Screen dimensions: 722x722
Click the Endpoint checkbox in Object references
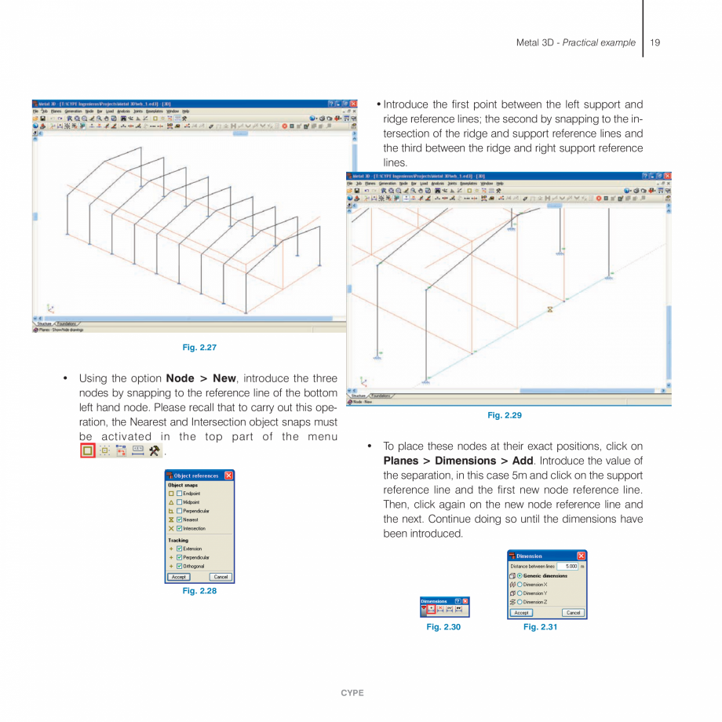coord(180,493)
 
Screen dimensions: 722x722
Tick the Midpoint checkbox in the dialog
coord(180,502)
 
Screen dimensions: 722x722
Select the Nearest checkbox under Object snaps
coord(180,520)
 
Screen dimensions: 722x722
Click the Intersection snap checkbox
coord(180,528)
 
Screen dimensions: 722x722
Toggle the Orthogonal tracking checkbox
coord(180,566)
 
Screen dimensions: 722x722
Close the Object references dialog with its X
coord(228,476)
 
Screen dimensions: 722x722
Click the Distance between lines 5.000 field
coord(567,566)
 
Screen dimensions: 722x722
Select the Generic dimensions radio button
coord(520,576)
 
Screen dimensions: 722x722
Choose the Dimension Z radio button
coord(520,602)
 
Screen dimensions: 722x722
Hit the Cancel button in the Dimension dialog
coord(572,613)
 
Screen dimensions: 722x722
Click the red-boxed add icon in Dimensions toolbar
coord(431,609)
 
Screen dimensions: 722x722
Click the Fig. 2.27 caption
coord(199,347)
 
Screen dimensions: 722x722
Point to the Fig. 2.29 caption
coord(505,415)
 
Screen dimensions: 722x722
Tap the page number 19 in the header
coord(655,42)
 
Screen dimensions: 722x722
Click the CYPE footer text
coord(352,693)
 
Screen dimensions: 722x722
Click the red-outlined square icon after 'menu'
coord(88,450)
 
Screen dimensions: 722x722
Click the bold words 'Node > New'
coord(201,378)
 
